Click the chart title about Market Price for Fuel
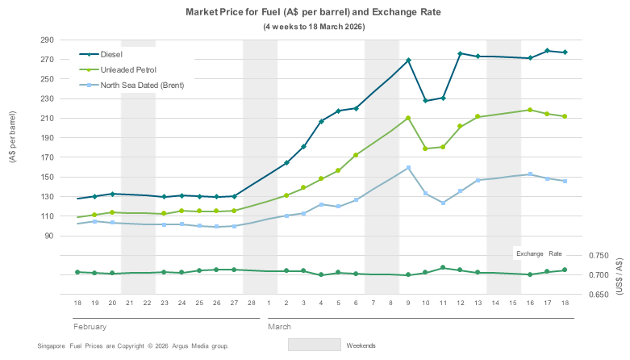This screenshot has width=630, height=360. [x=314, y=13]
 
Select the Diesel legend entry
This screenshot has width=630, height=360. [x=115, y=55]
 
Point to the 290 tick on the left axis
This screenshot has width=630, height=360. [x=47, y=40]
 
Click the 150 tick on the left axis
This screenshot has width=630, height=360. [x=47, y=177]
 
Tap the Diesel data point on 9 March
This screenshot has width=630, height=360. [x=409, y=61]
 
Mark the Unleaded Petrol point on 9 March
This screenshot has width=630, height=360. [x=409, y=118]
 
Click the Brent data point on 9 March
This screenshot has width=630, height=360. [x=409, y=168]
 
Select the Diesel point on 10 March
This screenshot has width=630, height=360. [x=425, y=101]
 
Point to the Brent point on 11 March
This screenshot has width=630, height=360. [x=443, y=203]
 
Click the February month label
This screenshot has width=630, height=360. [x=90, y=327]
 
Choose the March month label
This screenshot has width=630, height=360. [x=281, y=327]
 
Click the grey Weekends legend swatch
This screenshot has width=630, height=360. [x=314, y=345]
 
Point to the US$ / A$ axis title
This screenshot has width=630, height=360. [x=619, y=275]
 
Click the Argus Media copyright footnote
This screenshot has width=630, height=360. [x=133, y=345]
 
